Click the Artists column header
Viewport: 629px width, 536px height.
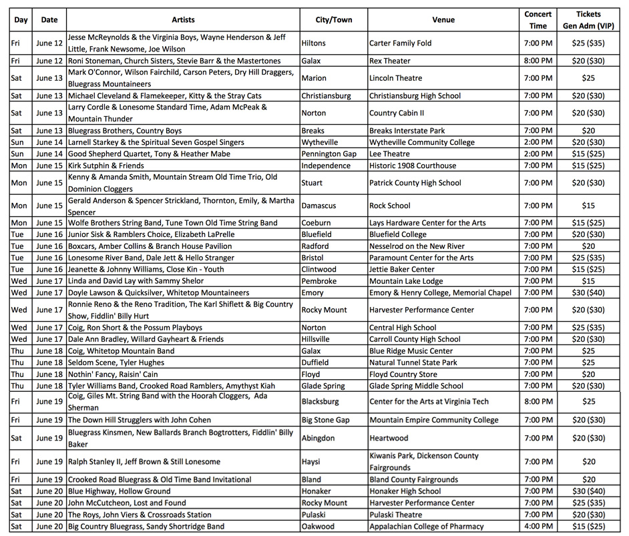[183, 20]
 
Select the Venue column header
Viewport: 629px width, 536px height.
[443, 20]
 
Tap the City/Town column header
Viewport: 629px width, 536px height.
[333, 20]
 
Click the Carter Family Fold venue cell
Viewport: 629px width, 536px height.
[401, 43]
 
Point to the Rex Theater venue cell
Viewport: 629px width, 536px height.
[389, 61]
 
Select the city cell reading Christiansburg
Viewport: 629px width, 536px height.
[326, 96]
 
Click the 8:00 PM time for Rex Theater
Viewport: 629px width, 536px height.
[538, 61]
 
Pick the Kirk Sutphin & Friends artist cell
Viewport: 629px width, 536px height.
[106, 166]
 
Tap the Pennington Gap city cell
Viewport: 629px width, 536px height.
[329, 154]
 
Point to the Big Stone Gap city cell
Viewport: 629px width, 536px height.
[326, 421]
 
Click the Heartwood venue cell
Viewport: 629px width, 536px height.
[389, 439]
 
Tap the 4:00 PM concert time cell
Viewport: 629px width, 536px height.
[538, 527]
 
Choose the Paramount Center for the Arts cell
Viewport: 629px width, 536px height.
[421, 258]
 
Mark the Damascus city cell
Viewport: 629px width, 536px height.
[319, 206]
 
